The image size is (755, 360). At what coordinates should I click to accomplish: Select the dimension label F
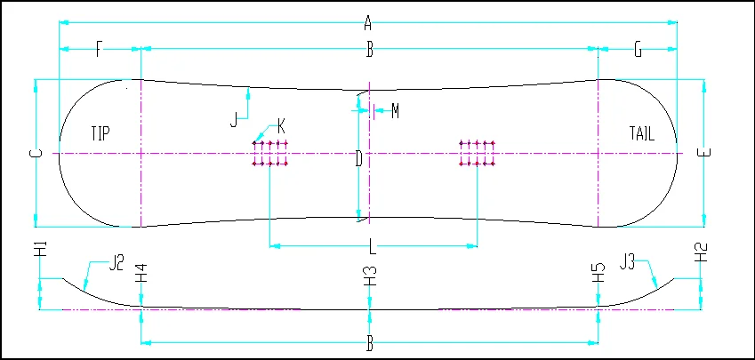pos(99,50)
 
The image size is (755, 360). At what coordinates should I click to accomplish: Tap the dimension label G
pos(638,50)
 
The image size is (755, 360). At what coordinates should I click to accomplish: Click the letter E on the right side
pos(703,153)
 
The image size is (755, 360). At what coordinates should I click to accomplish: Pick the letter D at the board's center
pos(358,159)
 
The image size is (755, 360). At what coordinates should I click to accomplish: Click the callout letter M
pos(395,111)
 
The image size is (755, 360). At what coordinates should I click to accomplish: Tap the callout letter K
pos(282,124)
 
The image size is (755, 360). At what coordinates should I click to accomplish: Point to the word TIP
pos(100,134)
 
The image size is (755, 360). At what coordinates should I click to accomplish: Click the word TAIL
pos(641,134)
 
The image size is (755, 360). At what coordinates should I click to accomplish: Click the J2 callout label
pos(117,262)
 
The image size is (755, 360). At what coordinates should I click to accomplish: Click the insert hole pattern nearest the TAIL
pos(476,154)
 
